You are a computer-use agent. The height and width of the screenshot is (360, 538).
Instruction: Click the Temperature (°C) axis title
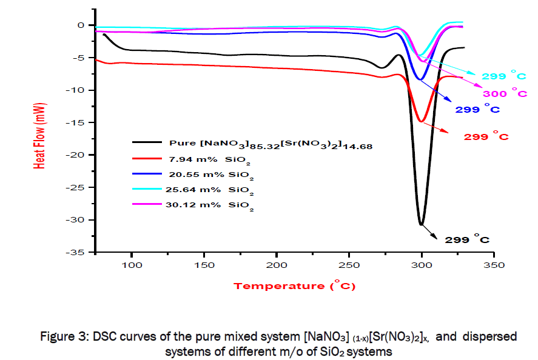click(295, 285)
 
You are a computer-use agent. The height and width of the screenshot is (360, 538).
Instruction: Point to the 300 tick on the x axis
click(422, 252)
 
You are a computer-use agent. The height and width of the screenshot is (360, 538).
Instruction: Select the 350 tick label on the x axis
click(494, 265)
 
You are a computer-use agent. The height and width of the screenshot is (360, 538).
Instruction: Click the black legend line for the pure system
click(146, 143)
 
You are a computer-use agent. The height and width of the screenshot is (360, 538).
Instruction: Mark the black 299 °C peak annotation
click(466, 240)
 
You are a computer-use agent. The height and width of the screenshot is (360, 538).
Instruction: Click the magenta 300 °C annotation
click(504, 93)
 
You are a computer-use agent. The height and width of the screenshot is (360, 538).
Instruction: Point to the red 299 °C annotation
click(486, 137)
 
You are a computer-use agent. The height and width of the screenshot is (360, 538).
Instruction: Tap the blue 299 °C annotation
click(477, 110)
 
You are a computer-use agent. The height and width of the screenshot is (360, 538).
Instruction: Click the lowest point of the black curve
click(422, 225)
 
